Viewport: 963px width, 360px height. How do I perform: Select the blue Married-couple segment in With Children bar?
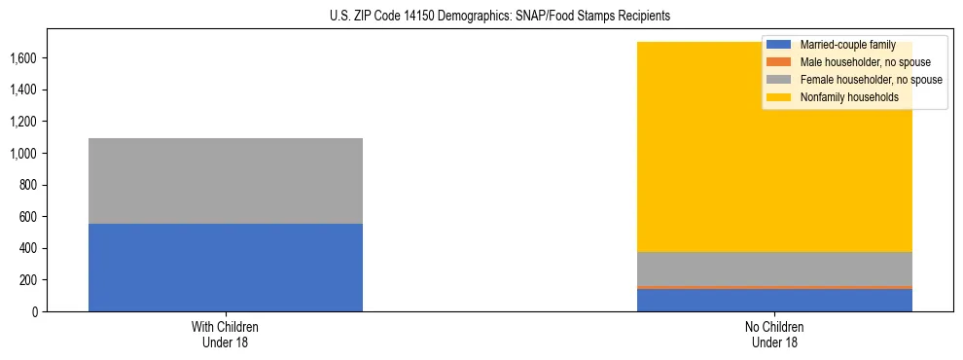tap(226, 268)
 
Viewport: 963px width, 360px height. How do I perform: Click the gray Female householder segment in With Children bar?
tap(226, 181)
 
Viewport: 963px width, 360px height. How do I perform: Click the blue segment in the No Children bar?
tap(774, 301)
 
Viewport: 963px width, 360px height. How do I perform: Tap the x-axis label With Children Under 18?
tap(226, 334)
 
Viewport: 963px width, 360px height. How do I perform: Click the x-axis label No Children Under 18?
tap(774, 334)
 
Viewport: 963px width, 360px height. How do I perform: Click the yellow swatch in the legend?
tap(779, 97)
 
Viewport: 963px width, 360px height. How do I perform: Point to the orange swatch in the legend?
tap(779, 62)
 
